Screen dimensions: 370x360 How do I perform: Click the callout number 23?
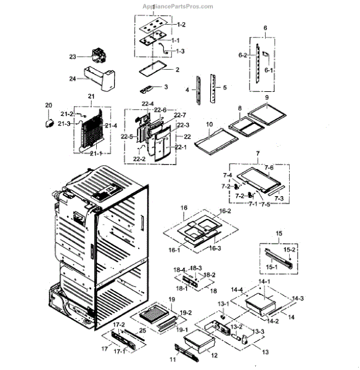tap(72, 57)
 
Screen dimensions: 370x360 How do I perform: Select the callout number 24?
tap(72, 78)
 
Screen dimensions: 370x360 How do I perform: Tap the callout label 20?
tap(49, 105)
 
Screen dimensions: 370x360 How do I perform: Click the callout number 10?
tap(210, 125)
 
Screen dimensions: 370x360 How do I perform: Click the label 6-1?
tap(268, 70)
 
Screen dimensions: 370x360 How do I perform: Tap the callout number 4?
tap(187, 90)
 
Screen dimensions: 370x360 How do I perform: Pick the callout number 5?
tap(225, 88)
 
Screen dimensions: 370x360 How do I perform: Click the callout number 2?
tap(177, 70)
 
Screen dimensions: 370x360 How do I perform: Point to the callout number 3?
tap(166, 87)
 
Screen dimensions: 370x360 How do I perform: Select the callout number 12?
tap(214, 356)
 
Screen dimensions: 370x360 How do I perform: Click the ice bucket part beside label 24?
tap(99, 78)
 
